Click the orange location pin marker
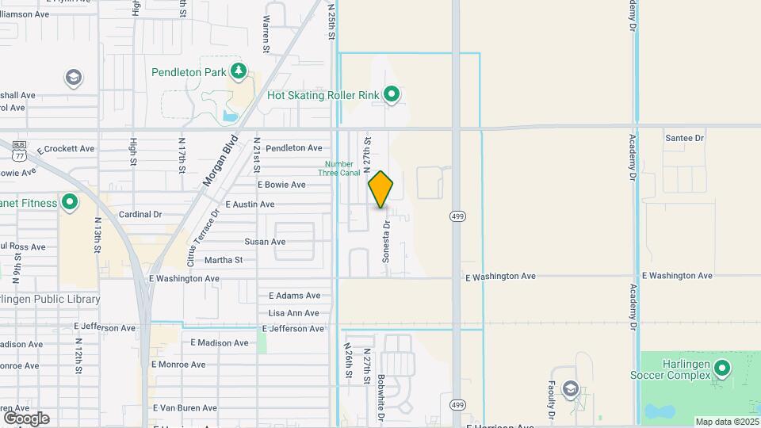[x=381, y=189]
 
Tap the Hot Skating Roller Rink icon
[x=392, y=95]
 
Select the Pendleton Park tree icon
[x=239, y=72]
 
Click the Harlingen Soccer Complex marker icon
[x=722, y=369]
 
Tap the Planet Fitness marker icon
[x=70, y=203]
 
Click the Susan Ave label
[x=265, y=242]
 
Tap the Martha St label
[x=224, y=260]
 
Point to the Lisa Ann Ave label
[x=294, y=313]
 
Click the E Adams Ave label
[x=294, y=296]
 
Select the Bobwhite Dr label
[x=381, y=397]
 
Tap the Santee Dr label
[x=684, y=138]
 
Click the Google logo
[x=26, y=418]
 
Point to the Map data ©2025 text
[x=726, y=422]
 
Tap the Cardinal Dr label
[x=140, y=214]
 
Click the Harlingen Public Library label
[x=50, y=300]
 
